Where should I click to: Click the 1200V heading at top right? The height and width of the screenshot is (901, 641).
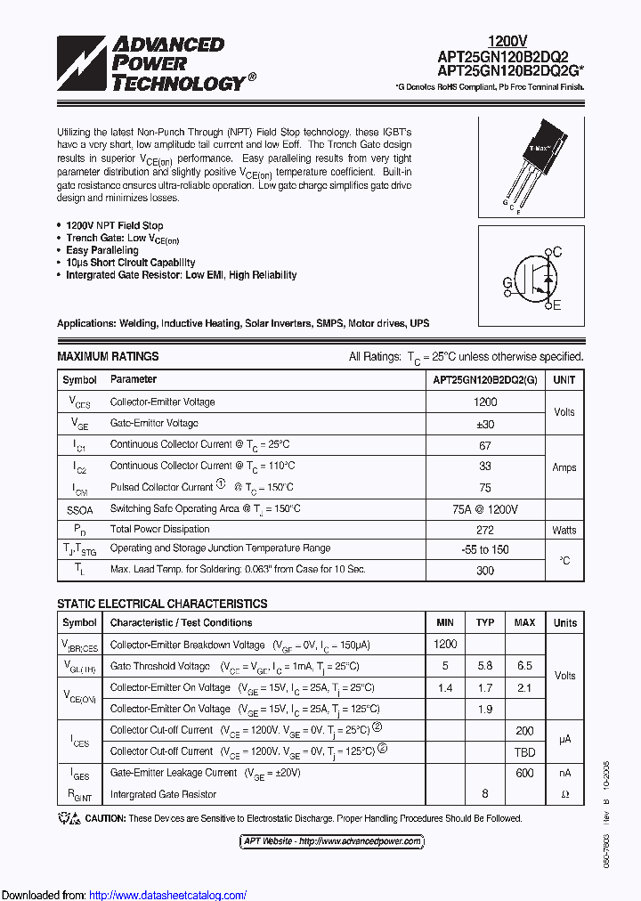click(x=507, y=41)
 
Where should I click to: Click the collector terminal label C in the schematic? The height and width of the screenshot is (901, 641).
click(x=557, y=253)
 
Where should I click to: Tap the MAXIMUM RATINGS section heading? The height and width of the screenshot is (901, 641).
click(x=108, y=356)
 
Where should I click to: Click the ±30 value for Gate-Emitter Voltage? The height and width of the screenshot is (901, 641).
click(x=485, y=424)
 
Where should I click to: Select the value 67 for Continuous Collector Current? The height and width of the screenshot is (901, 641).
click(x=485, y=444)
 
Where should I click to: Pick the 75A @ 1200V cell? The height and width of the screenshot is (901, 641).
click(x=485, y=508)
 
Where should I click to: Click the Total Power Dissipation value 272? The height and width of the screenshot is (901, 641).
click(x=485, y=529)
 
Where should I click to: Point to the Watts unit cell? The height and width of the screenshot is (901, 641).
click(x=564, y=530)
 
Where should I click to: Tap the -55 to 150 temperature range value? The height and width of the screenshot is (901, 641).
click(x=485, y=549)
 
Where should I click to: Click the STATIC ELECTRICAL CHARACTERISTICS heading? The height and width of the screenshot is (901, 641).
click(x=162, y=604)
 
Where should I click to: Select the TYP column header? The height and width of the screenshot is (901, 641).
click(x=485, y=622)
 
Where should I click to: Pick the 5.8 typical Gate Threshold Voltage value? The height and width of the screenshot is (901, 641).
click(x=485, y=666)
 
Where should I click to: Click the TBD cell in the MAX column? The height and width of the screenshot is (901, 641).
click(x=524, y=751)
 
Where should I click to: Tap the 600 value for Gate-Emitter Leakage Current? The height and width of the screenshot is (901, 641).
click(x=524, y=773)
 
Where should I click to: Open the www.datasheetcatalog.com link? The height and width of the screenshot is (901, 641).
click(x=168, y=895)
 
